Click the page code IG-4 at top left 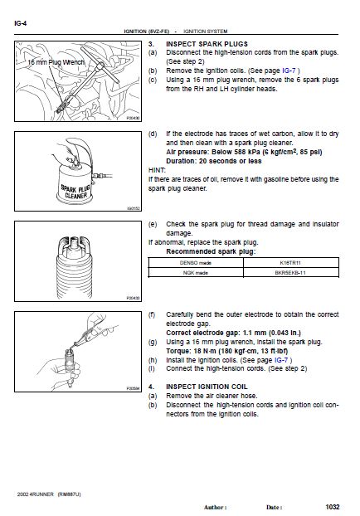coord(20,23)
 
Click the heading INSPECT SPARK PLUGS coord(207,44)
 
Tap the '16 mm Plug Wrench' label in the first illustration coord(56,62)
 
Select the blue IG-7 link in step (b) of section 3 coord(289,71)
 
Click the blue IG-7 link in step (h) coord(281,360)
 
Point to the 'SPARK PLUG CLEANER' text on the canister coord(75,192)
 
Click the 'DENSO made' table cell coord(196,263)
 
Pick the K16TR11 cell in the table coord(290,263)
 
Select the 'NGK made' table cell coord(196,272)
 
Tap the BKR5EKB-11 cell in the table coord(290,272)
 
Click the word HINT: coord(157,170)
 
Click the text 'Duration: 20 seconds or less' coord(213,161)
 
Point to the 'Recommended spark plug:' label coord(211,251)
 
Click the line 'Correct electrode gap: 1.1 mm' coord(233,333)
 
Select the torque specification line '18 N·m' coord(227,351)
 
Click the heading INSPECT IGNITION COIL coord(207,387)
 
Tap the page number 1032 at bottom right coord(333,507)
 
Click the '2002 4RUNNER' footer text coord(35,494)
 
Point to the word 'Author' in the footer coord(215,508)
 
